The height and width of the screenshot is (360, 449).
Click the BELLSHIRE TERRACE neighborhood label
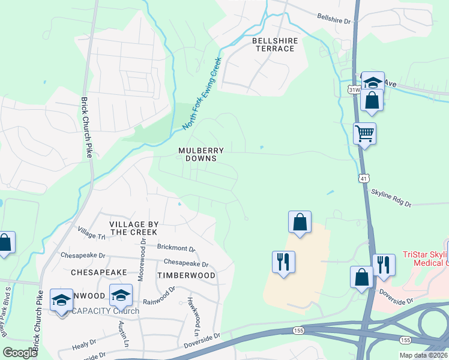point(273,44)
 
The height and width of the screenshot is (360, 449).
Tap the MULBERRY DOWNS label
point(201,154)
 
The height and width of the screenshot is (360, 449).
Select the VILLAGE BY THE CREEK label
point(133,228)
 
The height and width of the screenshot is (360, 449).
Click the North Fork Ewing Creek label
point(202,94)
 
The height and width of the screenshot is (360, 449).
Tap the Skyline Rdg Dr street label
point(391,199)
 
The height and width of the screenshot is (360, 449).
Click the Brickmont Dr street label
point(176,248)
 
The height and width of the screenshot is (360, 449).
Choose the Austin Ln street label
point(124,334)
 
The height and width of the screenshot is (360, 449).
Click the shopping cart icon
point(364,133)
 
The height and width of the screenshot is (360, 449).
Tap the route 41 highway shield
point(364,178)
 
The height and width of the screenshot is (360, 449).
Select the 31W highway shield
point(354,89)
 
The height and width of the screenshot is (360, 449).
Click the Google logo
point(20,353)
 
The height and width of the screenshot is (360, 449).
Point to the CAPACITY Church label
point(106,311)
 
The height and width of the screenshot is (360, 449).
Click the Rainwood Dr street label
point(159,303)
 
